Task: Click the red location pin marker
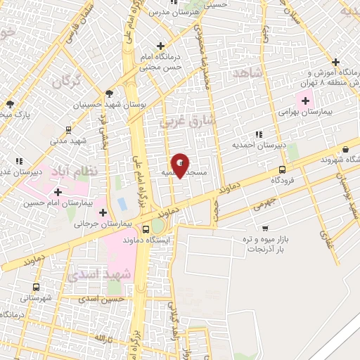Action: tap(181, 165)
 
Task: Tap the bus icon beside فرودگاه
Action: tap(283, 169)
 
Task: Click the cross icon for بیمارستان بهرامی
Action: tap(304, 101)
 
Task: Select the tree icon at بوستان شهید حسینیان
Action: tap(108, 93)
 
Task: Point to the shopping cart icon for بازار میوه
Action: tap(265, 228)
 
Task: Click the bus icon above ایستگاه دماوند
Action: tap(146, 229)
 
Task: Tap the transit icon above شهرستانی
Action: tap(36, 287)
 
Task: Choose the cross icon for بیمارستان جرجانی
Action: tap(103, 212)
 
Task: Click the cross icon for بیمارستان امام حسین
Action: tap(58, 191)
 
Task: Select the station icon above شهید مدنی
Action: tap(67, 129)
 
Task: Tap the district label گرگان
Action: tap(65, 81)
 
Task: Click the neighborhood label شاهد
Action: tap(247, 73)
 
